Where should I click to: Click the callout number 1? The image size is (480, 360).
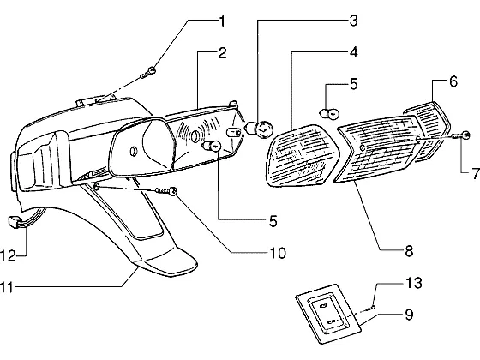coord(222,21)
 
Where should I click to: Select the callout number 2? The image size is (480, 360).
coord(222,53)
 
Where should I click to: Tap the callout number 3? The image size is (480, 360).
coord(353,21)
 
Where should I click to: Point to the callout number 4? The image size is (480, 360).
coord(353,52)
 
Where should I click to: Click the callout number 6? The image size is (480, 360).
coord(453,81)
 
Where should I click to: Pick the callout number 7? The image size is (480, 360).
coord(476,174)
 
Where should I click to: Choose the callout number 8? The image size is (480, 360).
coord(409,251)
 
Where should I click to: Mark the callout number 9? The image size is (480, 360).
coord(409,315)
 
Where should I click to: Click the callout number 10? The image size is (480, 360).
coord(278,253)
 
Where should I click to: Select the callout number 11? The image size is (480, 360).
coord(7,288)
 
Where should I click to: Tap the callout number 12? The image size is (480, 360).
coord(8,255)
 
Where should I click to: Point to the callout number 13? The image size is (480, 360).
coord(414,283)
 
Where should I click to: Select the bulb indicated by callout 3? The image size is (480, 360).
coord(260,129)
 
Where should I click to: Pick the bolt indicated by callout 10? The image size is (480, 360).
coord(167,191)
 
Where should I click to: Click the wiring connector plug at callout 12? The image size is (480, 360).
coord(12,221)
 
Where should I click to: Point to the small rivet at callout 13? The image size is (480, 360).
coord(373,307)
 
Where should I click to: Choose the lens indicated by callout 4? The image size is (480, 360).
coord(303,155)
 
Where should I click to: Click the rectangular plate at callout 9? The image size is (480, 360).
coord(328,314)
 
